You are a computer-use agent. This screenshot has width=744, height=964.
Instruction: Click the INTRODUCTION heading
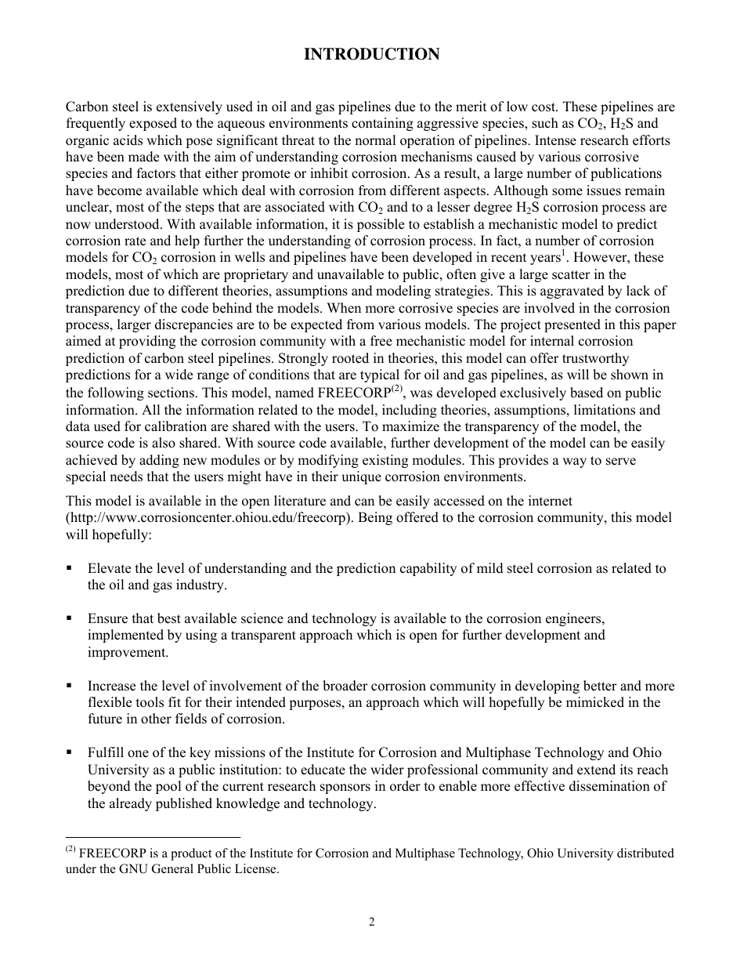(371, 54)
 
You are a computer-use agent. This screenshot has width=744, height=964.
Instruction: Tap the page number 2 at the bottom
(372, 922)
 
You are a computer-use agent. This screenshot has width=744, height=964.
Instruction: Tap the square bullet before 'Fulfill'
(70, 752)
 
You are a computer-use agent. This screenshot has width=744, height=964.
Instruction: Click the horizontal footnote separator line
(153, 836)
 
